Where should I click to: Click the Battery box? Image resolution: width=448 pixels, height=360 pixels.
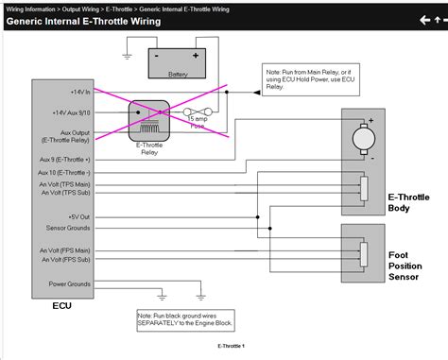click(x=177, y=62)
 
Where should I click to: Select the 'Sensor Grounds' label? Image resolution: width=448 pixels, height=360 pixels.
click(x=60, y=228)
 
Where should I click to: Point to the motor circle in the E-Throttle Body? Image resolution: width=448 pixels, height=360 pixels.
click(x=362, y=139)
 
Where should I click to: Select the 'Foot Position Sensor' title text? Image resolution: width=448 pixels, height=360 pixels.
click(x=412, y=266)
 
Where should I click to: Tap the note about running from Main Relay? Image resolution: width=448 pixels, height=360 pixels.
click(x=299, y=78)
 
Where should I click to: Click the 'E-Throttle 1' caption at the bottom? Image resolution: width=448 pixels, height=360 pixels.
click(x=231, y=346)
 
